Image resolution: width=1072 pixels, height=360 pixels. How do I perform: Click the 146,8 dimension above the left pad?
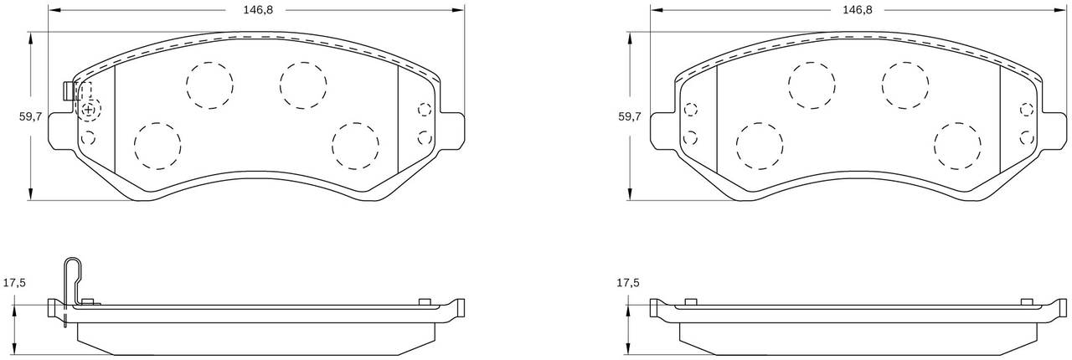(258, 10)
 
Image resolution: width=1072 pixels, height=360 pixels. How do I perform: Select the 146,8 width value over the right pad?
(858, 10)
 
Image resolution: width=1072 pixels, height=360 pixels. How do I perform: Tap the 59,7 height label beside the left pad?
(31, 116)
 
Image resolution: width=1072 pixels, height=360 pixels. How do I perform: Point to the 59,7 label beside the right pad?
(630, 116)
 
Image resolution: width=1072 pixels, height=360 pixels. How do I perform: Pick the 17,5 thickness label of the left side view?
(14, 283)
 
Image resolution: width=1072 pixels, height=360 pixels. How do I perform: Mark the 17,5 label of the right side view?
(628, 283)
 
